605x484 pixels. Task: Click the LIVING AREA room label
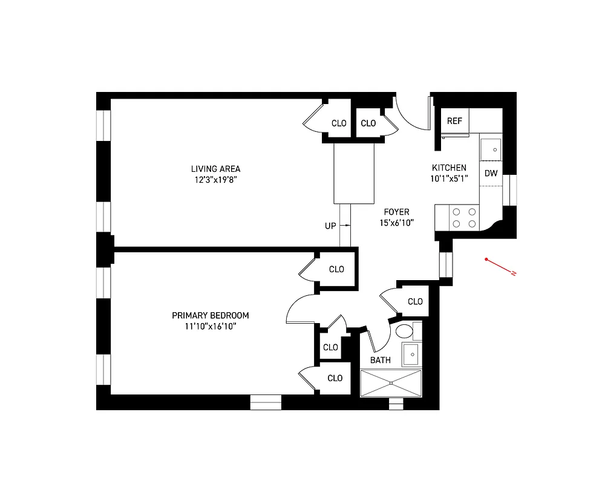[215, 169]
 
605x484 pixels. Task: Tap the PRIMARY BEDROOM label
[210, 315]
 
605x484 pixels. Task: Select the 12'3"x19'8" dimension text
[215, 180]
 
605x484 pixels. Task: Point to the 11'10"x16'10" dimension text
[210, 326]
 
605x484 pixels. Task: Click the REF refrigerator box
[454, 121]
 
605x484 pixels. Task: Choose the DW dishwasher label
[491, 174]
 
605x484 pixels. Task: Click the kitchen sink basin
[491, 149]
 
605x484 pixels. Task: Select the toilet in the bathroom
[404, 332]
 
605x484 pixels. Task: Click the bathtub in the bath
[390, 383]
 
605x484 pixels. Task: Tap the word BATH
[381, 360]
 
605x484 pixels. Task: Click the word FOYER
[396, 212]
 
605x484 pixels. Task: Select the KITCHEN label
[448, 168]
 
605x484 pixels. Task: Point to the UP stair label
[330, 226]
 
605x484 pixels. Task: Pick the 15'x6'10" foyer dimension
[396, 223]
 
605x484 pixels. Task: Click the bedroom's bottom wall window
[266, 402]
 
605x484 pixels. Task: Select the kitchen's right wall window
[513, 190]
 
